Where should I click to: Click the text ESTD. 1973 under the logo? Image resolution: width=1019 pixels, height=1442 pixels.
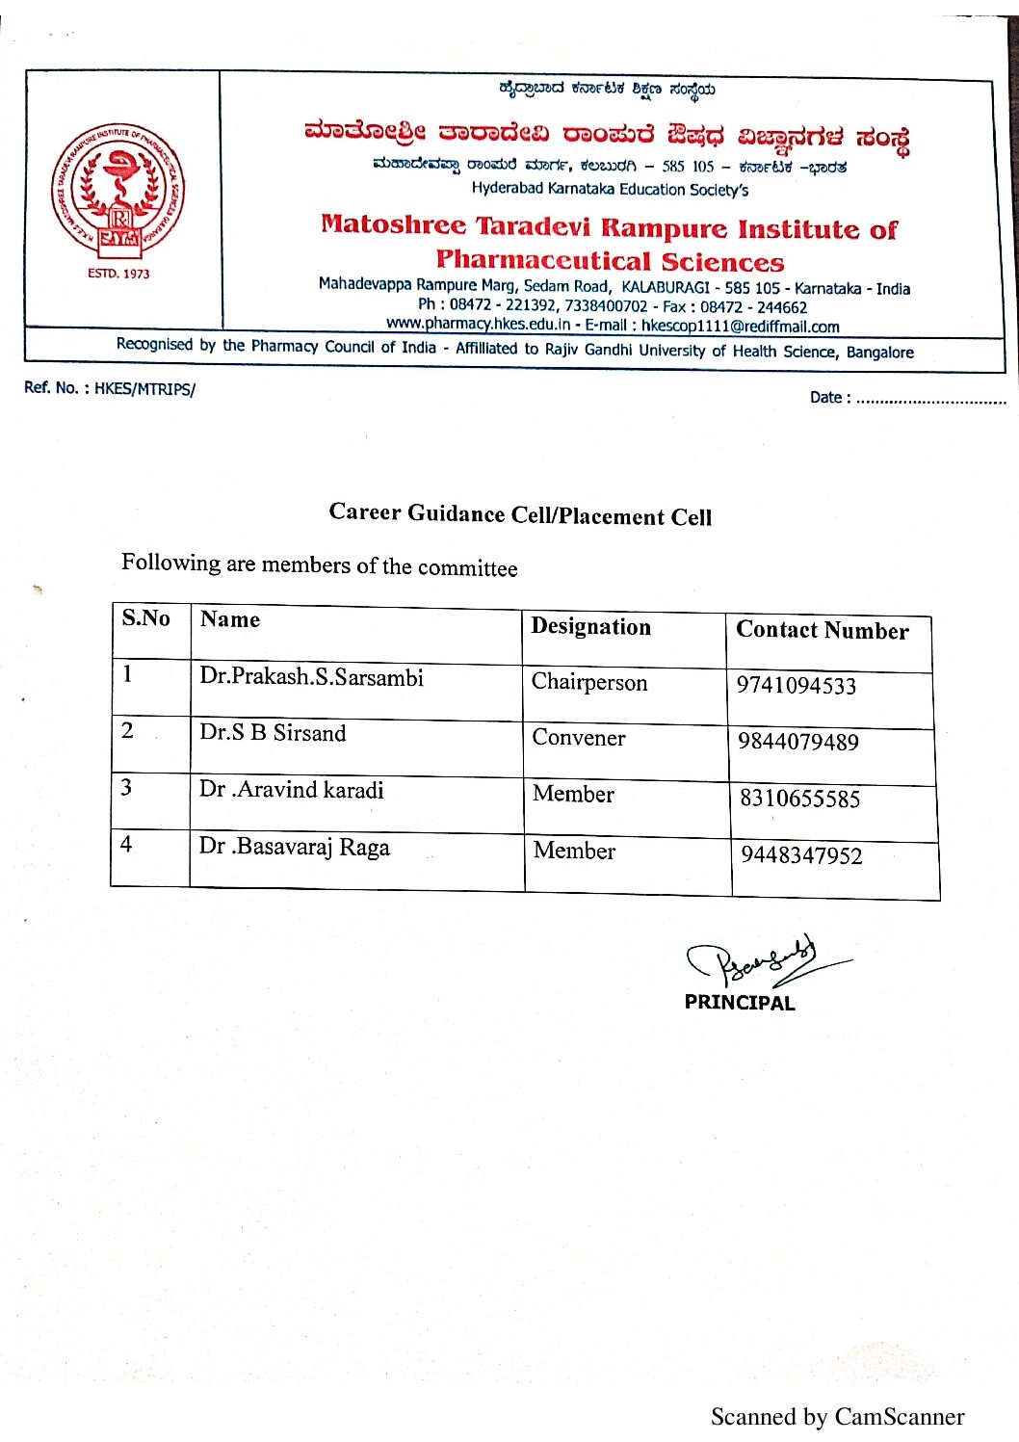[x=118, y=274]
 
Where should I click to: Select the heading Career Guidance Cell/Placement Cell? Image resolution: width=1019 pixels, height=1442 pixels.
[x=520, y=514]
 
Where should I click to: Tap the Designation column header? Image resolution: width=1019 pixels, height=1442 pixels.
[x=590, y=627]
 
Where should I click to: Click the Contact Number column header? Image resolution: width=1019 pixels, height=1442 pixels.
[x=822, y=631]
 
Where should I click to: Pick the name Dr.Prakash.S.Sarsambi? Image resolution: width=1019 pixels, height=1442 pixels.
[x=311, y=677]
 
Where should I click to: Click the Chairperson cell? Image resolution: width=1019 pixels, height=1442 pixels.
[x=589, y=683]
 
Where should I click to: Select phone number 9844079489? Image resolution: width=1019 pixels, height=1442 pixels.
[x=797, y=742]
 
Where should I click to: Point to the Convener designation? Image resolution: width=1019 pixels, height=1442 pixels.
[x=579, y=738]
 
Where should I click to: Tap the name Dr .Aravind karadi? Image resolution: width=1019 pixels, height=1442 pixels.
[x=291, y=790]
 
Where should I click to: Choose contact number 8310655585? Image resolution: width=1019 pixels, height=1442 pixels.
[x=799, y=799]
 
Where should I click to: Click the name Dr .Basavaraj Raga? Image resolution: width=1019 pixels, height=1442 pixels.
[x=294, y=847]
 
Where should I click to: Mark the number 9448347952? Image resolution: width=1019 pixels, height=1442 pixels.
[x=800, y=855]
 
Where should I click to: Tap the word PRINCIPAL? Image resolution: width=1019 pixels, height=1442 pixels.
[x=740, y=1003]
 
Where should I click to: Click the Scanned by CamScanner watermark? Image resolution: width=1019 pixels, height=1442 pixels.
[x=837, y=1417]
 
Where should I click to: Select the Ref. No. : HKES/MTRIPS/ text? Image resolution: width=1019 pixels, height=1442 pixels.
[x=109, y=389]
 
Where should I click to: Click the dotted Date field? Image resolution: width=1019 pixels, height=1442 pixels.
[x=929, y=399]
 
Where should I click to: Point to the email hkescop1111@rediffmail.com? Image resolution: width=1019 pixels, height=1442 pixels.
[x=740, y=327]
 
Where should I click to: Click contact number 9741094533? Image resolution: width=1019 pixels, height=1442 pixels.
[x=796, y=686]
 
